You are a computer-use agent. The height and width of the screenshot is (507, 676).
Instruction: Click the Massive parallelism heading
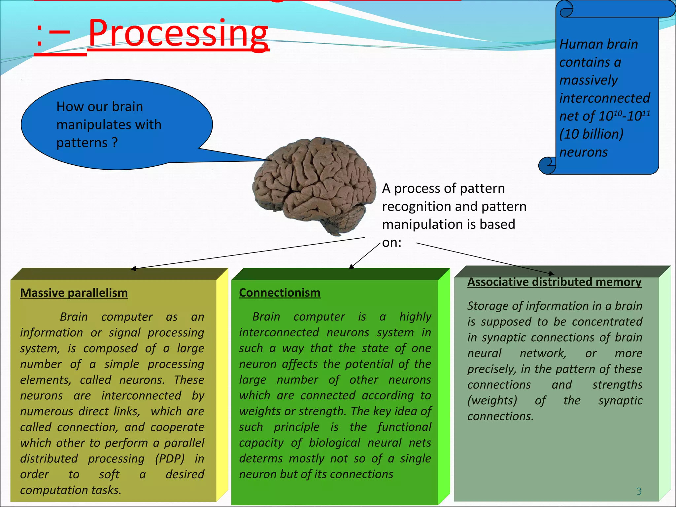[74, 293]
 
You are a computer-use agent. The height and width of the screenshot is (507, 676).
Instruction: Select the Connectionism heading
[280, 292]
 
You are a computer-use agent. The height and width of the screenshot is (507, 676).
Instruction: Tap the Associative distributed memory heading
[554, 282]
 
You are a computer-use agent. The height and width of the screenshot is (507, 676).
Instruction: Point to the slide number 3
[639, 491]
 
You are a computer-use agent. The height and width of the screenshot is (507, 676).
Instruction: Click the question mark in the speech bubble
[115, 143]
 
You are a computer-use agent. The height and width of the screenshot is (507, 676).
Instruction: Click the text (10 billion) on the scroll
[591, 134]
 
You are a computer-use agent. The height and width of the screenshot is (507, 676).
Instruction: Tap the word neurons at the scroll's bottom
[583, 152]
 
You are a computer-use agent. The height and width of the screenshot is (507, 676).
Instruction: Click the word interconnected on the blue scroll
[604, 98]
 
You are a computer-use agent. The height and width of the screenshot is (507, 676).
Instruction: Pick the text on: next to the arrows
[391, 243]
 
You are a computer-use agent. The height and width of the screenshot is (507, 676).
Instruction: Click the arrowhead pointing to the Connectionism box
[352, 267]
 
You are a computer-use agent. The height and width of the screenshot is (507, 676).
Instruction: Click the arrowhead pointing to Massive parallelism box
[133, 269]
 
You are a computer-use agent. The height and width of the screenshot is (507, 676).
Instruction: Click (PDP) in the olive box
[170, 458]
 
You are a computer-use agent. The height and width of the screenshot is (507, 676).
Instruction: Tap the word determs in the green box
[261, 458]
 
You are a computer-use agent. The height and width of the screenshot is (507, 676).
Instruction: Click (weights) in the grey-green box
[492, 400]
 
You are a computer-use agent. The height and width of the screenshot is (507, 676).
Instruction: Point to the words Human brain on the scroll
[598, 44]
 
